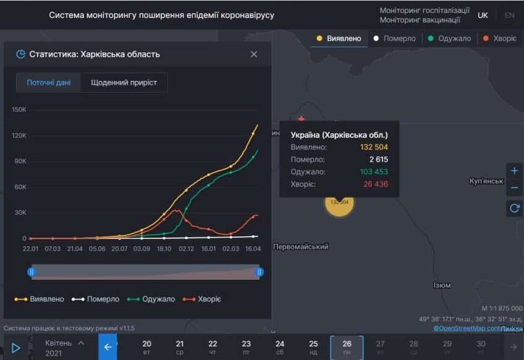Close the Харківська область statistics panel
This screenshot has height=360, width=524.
point(253,54)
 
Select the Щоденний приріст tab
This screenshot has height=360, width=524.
point(124,83)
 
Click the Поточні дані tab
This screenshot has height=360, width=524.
point(49,83)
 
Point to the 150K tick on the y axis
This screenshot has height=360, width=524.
point(19,110)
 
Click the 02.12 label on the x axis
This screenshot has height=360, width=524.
point(186,248)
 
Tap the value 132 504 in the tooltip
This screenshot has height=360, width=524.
point(374,148)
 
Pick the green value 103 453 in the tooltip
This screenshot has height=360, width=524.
point(374,172)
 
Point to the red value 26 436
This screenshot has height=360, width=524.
point(376,185)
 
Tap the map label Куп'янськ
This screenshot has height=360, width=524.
point(488,182)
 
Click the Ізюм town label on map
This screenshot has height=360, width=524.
point(442,285)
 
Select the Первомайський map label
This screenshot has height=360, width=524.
point(301,247)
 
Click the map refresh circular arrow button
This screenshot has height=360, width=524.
point(514,208)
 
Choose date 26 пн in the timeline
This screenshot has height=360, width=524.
point(347,347)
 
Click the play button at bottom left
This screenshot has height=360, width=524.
point(16,348)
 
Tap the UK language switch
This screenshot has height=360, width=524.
point(483,15)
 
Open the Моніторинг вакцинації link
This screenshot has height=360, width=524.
point(420,20)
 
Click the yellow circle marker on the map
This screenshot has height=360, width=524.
point(339,203)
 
